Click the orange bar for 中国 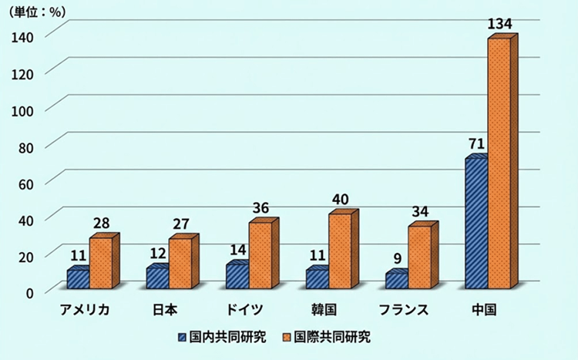pyautogui.click(x=499, y=162)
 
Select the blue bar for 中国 pyautogui.click(x=476, y=224)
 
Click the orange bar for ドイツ pyautogui.click(x=260, y=255)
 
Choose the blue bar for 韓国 pyautogui.click(x=317, y=279)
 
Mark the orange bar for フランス pyautogui.click(x=419, y=257)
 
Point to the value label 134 pyautogui.click(x=500, y=25)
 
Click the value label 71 pyautogui.click(x=476, y=143)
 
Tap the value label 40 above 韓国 pyautogui.click(x=340, y=200)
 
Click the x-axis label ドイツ pyautogui.click(x=246, y=310)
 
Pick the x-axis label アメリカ pyautogui.click(x=86, y=310)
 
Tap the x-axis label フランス pyautogui.click(x=404, y=310)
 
